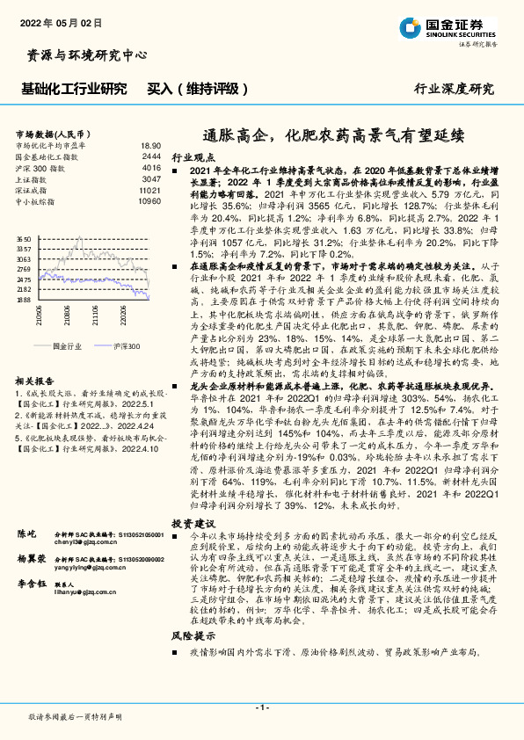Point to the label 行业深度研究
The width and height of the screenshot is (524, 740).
454,89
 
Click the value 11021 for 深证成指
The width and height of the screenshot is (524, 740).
150,189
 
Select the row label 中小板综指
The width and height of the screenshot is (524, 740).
35,200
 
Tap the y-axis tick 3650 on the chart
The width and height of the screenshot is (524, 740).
24,238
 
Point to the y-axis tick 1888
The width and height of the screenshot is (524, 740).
24,300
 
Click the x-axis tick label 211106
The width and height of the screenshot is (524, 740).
91,315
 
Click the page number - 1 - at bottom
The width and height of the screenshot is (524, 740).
261,707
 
